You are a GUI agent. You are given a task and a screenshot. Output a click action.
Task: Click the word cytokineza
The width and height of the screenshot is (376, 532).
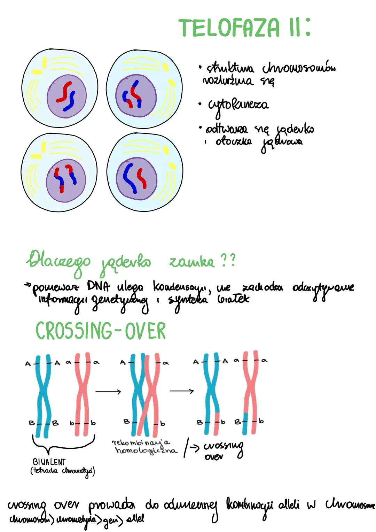238,105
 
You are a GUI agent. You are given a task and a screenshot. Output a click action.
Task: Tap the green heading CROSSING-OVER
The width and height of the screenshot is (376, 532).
101,331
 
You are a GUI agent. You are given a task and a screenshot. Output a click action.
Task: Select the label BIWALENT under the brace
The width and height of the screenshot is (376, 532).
49,462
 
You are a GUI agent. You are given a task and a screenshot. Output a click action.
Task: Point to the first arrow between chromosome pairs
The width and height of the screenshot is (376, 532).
108,392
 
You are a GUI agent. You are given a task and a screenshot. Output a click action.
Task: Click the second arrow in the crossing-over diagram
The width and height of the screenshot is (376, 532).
181,391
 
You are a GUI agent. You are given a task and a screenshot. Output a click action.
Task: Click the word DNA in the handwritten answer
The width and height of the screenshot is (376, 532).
99,286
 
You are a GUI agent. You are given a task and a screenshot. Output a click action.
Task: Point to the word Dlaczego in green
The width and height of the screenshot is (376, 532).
58,261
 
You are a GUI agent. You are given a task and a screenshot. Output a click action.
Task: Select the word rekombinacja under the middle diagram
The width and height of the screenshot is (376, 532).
141,442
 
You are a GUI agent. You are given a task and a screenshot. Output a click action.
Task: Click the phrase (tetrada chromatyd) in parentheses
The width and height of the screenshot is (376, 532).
63,471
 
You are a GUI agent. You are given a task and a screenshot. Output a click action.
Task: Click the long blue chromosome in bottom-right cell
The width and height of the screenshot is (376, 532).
130,178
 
